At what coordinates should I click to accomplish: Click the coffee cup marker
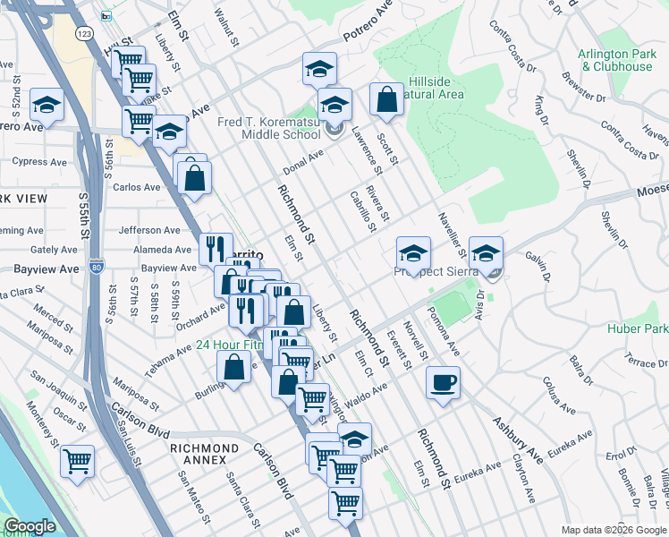tap(443, 384)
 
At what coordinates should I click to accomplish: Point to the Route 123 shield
tap(84, 33)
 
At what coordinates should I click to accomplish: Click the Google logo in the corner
tap(30, 526)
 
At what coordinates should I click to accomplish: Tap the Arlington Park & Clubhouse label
tap(615, 60)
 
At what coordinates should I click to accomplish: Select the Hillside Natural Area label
tap(436, 88)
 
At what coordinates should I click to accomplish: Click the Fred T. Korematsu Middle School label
tap(268, 128)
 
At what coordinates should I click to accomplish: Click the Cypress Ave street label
tap(39, 162)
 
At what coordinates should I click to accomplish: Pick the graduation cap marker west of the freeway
tap(47, 106)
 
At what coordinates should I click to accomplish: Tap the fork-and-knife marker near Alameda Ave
tap(215, 248)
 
